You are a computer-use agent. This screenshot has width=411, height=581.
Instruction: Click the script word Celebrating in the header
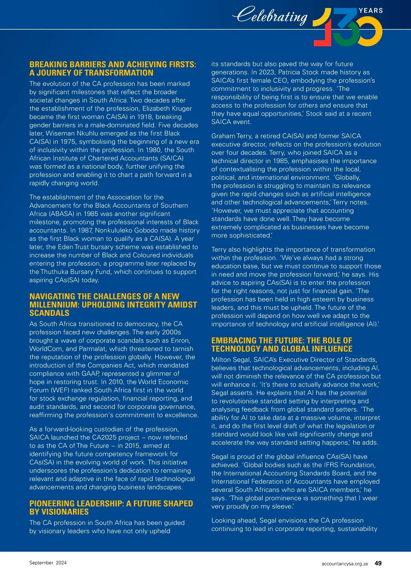point(270,15)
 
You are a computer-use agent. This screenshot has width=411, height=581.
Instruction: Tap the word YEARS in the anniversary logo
point(371,11)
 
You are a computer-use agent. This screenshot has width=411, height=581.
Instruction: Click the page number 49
point(378,563)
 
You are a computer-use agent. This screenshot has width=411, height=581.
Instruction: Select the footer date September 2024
point(48,563)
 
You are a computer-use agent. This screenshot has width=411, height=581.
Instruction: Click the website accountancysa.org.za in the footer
point(345,564)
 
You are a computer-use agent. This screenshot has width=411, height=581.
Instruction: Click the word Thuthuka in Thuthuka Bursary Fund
point(54,272)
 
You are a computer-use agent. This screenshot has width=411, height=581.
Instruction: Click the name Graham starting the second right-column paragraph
point(223,136)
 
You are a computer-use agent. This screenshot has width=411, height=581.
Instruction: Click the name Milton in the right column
point(222,360)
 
